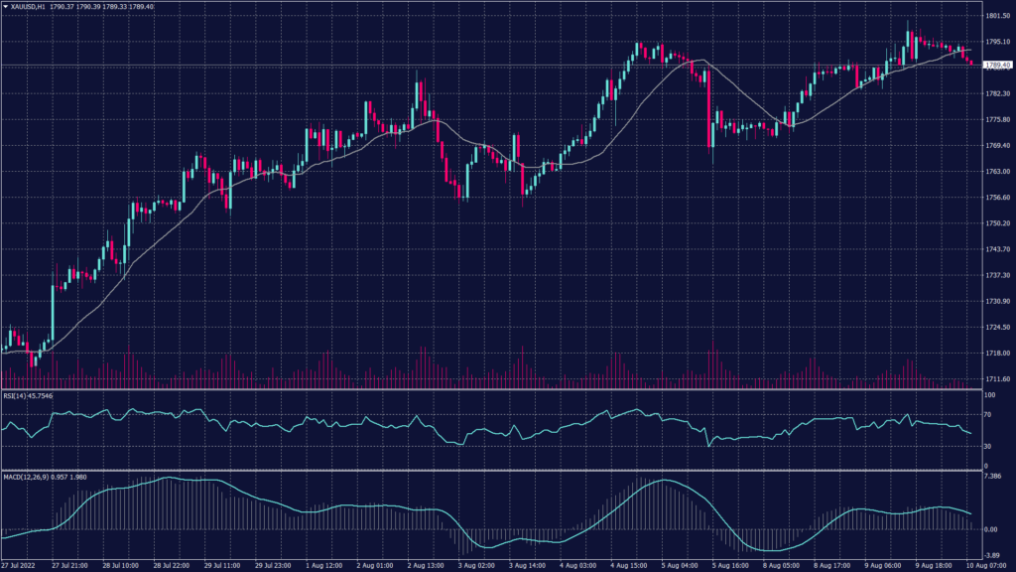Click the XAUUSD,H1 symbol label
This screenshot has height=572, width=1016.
(x=35, y=7)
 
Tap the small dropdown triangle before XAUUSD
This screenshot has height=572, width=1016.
(x=6, y=7)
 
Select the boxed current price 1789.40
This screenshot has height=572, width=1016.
(x=997, y=65)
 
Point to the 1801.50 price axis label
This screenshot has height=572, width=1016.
(x=997, y=16)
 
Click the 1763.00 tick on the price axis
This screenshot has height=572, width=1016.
(x=997, y=172)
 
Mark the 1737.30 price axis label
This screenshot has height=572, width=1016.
(x=997, y=275)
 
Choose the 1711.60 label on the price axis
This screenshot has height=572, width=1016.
(x=997, y=379)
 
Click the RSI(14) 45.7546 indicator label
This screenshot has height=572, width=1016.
(x=28, y=395)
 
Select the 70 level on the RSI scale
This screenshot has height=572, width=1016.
(x=987, y=416)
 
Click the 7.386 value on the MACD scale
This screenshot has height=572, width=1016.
(x=993, y=477)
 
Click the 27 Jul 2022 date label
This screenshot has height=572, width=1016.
(x=20, y=566)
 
